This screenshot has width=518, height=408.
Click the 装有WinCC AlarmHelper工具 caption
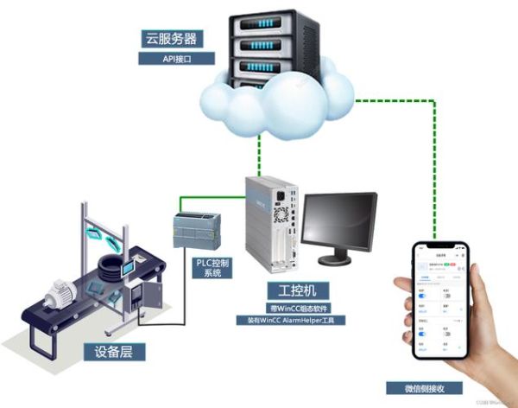(291, 320)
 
